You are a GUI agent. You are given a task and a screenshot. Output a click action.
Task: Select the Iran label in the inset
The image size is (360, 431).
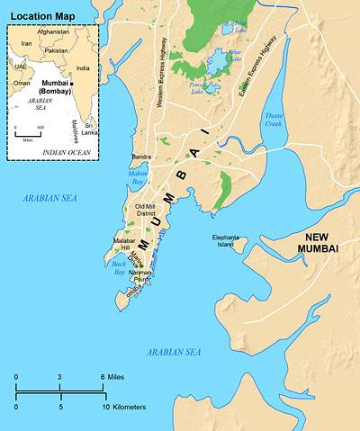coord(26,42)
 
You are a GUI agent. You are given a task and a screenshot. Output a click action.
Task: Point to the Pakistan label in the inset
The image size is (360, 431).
coord(56,50)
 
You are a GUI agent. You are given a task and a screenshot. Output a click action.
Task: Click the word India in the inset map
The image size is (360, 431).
coord(83,67)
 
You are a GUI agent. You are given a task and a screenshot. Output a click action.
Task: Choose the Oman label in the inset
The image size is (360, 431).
coord(22,83)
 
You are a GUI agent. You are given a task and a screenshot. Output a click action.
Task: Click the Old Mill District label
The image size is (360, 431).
coord(145,211)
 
